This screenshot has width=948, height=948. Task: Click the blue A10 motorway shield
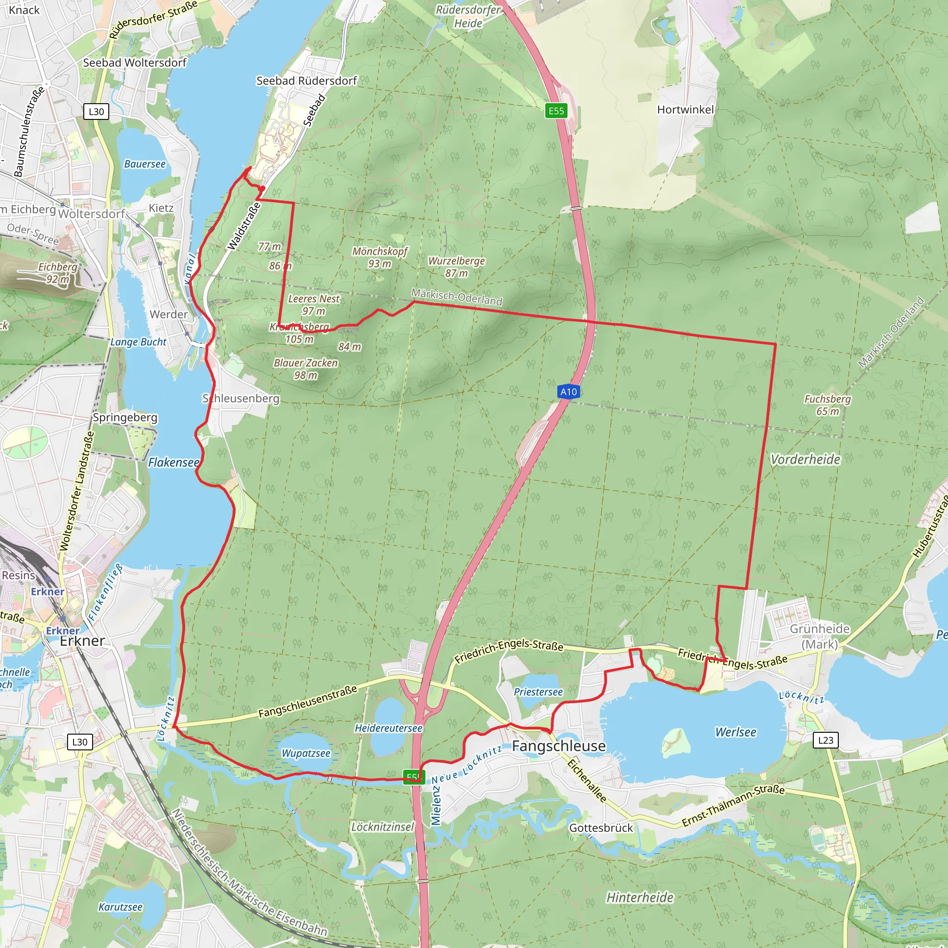tap(569, 392)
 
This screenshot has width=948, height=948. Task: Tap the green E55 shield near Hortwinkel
tap(556, 111)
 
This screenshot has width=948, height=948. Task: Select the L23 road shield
tap(825, 740)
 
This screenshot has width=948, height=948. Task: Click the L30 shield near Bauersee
tap(96, 112)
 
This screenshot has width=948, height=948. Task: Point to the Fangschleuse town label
tap(558, 746)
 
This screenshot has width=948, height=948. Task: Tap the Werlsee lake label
tap(735, 732)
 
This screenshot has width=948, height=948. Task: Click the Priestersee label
tap(538, 692)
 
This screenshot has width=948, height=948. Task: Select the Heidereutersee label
tap(388, 728)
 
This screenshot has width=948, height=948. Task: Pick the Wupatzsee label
tap(306, 753)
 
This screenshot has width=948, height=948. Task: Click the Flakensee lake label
tap(174, 462)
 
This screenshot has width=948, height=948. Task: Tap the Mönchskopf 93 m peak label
tap(380, 257)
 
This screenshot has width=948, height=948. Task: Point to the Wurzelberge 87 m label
tap(456, 267)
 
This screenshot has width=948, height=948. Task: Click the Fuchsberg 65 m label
tap(827, 405)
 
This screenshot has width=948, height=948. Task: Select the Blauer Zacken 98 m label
tap(306, 369)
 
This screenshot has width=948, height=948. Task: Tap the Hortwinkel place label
tap(686, 109)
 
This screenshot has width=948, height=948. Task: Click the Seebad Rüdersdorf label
tap(307, 81)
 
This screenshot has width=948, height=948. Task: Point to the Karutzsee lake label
tap(120, 907)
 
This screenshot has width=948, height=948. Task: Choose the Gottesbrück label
tap(601, 828)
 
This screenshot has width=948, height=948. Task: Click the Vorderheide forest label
tap(805, 459)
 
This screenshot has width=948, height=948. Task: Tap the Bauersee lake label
tap(145, 164)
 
